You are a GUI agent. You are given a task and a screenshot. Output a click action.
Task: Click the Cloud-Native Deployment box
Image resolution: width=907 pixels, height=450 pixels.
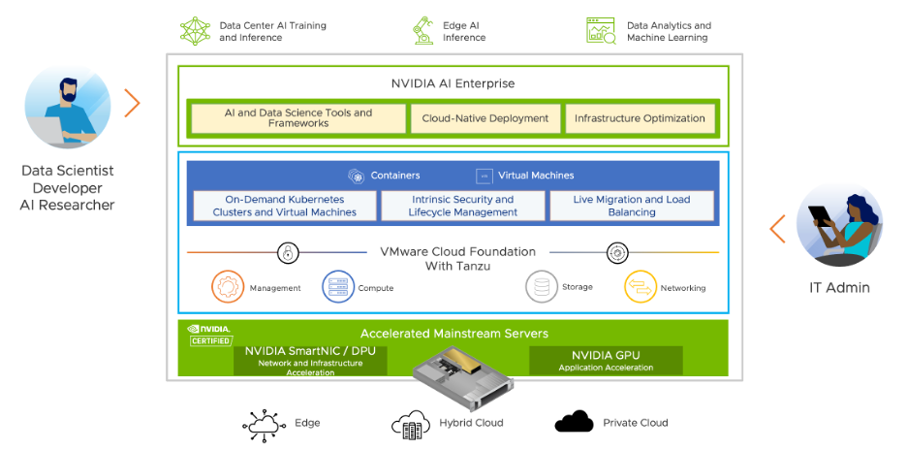tap(485, 118)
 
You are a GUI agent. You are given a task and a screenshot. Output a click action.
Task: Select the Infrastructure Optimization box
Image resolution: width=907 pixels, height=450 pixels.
tap(640, 118)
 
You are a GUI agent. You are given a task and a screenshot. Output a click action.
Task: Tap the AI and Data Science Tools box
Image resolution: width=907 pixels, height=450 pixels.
tap(298, 118)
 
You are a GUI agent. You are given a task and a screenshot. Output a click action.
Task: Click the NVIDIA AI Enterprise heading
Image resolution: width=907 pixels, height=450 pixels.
tap(453, 83)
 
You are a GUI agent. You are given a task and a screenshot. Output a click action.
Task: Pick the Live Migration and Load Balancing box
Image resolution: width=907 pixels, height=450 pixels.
tap(632, 206)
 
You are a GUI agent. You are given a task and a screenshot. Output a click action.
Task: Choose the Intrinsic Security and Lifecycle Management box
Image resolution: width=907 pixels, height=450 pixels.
tap(462, 206)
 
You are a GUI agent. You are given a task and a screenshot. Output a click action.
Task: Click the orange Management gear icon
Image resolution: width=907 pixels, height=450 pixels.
tap(229, 287)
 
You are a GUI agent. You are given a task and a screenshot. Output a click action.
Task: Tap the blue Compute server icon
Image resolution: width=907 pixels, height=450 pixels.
tap(338, 287)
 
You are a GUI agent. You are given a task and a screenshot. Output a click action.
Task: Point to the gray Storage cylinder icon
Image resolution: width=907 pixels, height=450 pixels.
tap(542, 287)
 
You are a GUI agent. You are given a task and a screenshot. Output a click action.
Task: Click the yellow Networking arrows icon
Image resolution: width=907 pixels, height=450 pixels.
tap(641, 287)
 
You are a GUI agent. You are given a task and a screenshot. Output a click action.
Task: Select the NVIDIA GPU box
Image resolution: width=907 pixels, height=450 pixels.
tap(606, 360)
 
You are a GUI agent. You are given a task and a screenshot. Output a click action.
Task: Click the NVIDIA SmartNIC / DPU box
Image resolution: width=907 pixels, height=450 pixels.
tap(310, 360)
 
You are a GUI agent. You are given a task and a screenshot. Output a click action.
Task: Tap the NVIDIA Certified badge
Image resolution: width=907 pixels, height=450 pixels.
tap(209, 335)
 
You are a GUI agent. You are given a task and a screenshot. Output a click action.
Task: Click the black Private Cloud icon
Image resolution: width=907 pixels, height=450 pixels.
tap(574, 422)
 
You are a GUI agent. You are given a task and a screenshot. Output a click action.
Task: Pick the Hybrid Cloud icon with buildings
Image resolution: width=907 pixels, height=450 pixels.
tap(410, 423)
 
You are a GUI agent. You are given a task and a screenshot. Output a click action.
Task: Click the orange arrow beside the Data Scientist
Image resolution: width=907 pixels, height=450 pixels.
tap(133, 103)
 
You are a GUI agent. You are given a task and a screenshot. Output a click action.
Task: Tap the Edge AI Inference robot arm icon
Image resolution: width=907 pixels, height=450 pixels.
tap(422, 30)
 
